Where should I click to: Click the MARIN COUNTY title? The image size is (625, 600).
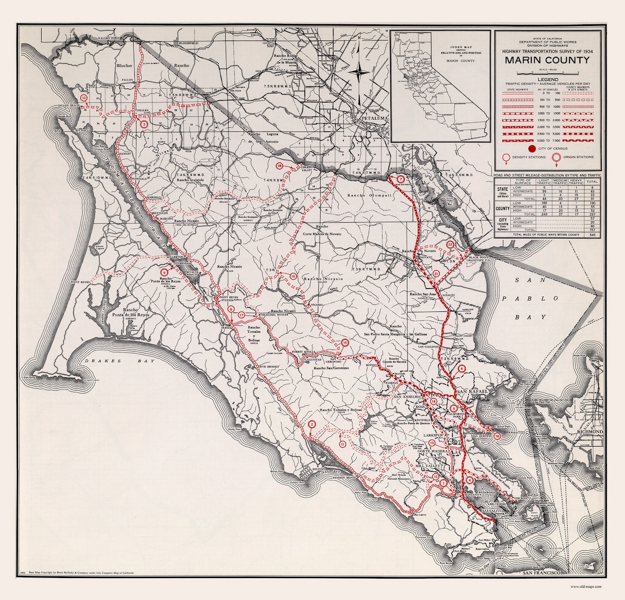(547, 60)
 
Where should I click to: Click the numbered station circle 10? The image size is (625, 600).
(84, 99)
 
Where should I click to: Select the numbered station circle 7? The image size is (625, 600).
(400, 179)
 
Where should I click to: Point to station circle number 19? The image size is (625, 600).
(497, 436)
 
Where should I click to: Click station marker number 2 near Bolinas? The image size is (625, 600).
(311, 425)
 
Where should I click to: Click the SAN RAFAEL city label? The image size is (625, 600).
(469, 393)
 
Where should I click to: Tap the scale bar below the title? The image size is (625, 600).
(547, 72)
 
